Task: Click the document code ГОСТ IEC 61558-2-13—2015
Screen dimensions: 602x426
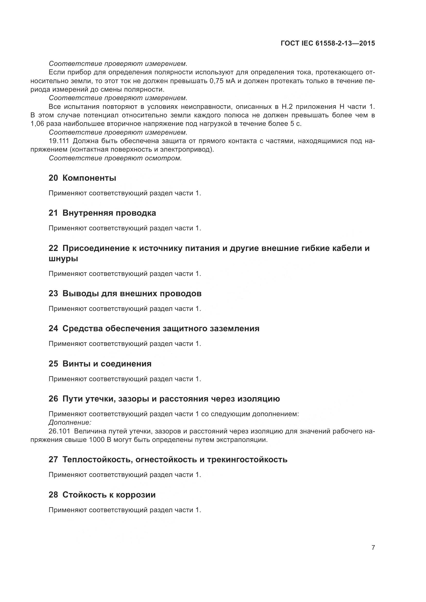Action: click(x=328, y=43)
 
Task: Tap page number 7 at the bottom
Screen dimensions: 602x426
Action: click(x=373, y=547)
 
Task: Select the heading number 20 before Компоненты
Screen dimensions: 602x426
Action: click(x=53, y=178)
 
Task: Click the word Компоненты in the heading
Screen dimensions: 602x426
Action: click(x=89, y=178)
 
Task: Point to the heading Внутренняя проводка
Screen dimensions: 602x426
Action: click(x=109, y=213)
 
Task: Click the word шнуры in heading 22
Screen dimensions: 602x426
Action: click(x=63, y=259)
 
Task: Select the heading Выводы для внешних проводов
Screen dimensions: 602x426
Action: click(x=132, y=293)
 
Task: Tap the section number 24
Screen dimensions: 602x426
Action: click(x=53, y=328)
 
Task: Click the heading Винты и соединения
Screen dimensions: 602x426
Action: click(x=107, y=364)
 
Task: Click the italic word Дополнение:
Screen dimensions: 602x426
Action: click(x=70, y=422)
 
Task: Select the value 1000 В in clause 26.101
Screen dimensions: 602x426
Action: click(x=100, y=440)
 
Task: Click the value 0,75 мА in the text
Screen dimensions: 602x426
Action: click(x=223, y=81)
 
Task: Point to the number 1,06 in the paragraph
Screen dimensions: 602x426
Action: click(x=37, y=124)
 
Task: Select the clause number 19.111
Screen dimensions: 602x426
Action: click(x=59, y=141)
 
